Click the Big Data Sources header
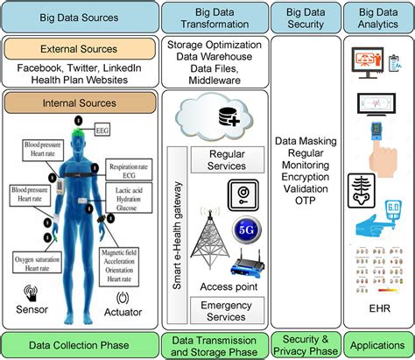tap(80, 16)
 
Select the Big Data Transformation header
tap(215, 16)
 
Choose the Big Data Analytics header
tap(376, 16)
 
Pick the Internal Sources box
tap(80, 102)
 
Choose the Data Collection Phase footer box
tap(80, 342)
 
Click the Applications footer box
tap(376, 342)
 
